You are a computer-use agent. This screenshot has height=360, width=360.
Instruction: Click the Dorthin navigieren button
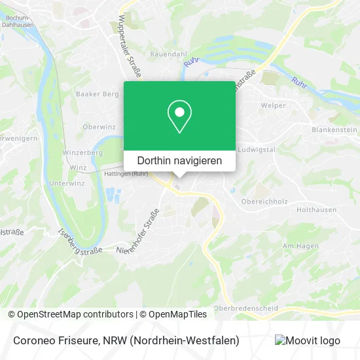pos(179,160)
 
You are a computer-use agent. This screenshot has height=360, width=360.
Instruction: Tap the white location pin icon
pos(179,117)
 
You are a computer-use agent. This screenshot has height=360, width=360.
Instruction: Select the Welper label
pos(274,105)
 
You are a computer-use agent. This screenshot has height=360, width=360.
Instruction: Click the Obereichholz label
pos(262,202)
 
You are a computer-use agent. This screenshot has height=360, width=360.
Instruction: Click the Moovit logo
pos(308,341)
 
